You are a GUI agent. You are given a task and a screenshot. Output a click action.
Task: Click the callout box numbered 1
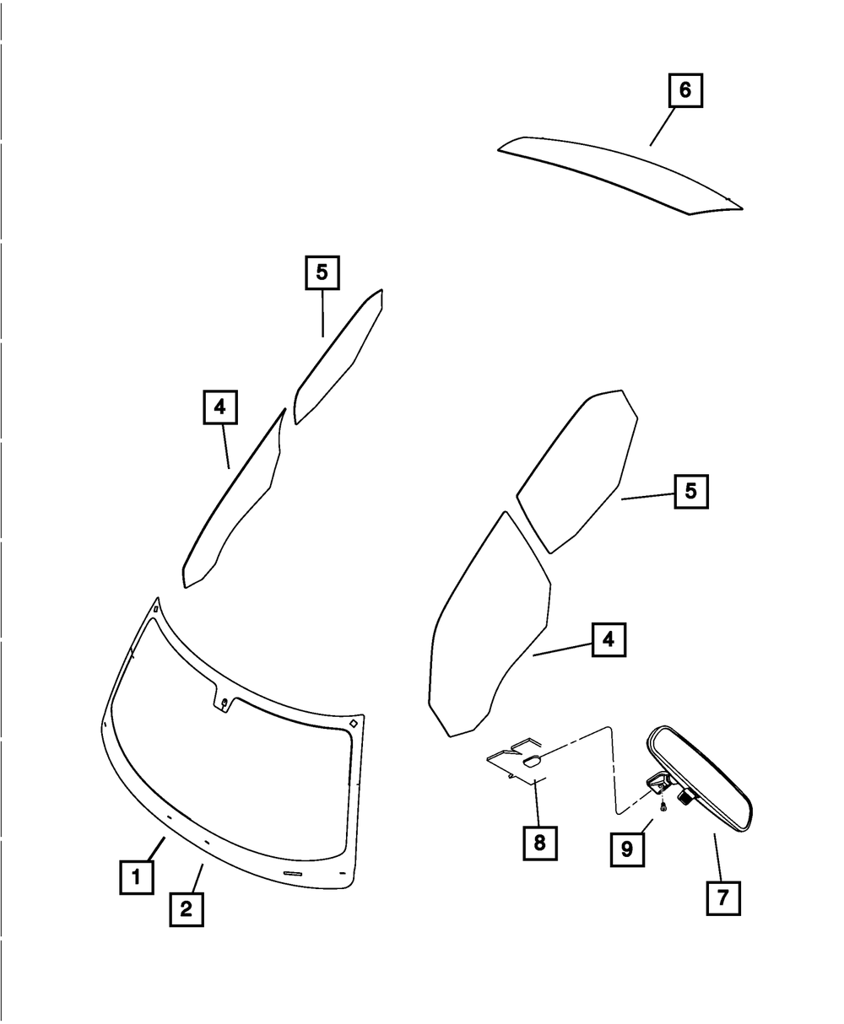point(135,876)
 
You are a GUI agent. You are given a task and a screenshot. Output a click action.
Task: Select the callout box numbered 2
point(186,909)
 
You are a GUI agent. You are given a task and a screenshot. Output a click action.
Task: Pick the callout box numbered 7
point(722,897)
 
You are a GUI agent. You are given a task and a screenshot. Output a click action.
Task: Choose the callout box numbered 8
point(539,842)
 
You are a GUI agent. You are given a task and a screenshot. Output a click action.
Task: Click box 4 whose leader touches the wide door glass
point(609,640)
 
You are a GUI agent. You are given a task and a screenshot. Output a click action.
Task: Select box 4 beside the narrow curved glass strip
point(219,407)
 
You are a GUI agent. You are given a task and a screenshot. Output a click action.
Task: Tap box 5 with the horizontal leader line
point(690,491)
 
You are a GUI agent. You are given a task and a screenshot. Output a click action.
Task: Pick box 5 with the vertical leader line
point(322,272)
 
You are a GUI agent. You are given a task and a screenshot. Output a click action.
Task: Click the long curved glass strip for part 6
point(616,173)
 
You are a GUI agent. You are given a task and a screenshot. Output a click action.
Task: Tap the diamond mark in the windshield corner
point(354,723)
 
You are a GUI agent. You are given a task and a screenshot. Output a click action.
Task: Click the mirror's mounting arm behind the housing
point(657,784)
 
